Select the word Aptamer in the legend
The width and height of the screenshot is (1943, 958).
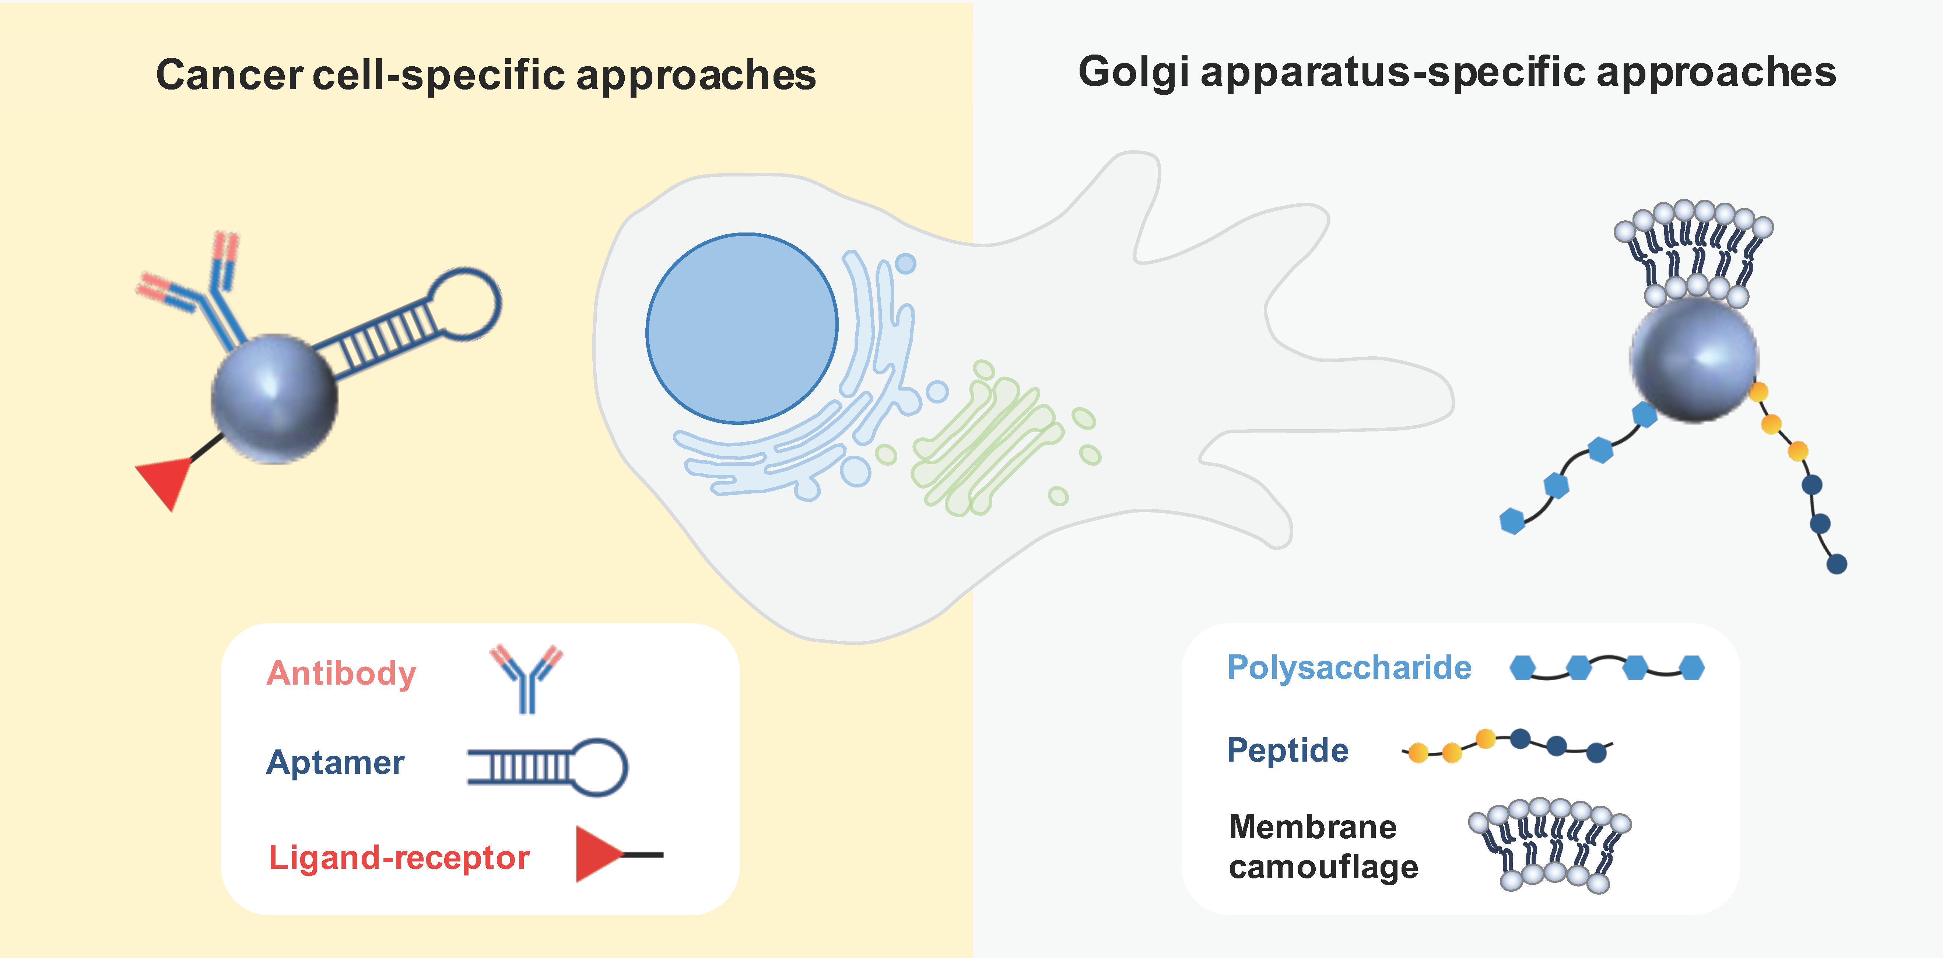(x=335, y=763)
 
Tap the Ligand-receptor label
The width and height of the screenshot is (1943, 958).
(x=399, y=858)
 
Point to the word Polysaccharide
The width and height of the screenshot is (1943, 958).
(x=1348, y=668)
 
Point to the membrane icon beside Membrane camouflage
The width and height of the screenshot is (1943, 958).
(x=1550, y=845)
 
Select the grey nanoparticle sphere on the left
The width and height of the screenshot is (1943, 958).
(x=274, y=398)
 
